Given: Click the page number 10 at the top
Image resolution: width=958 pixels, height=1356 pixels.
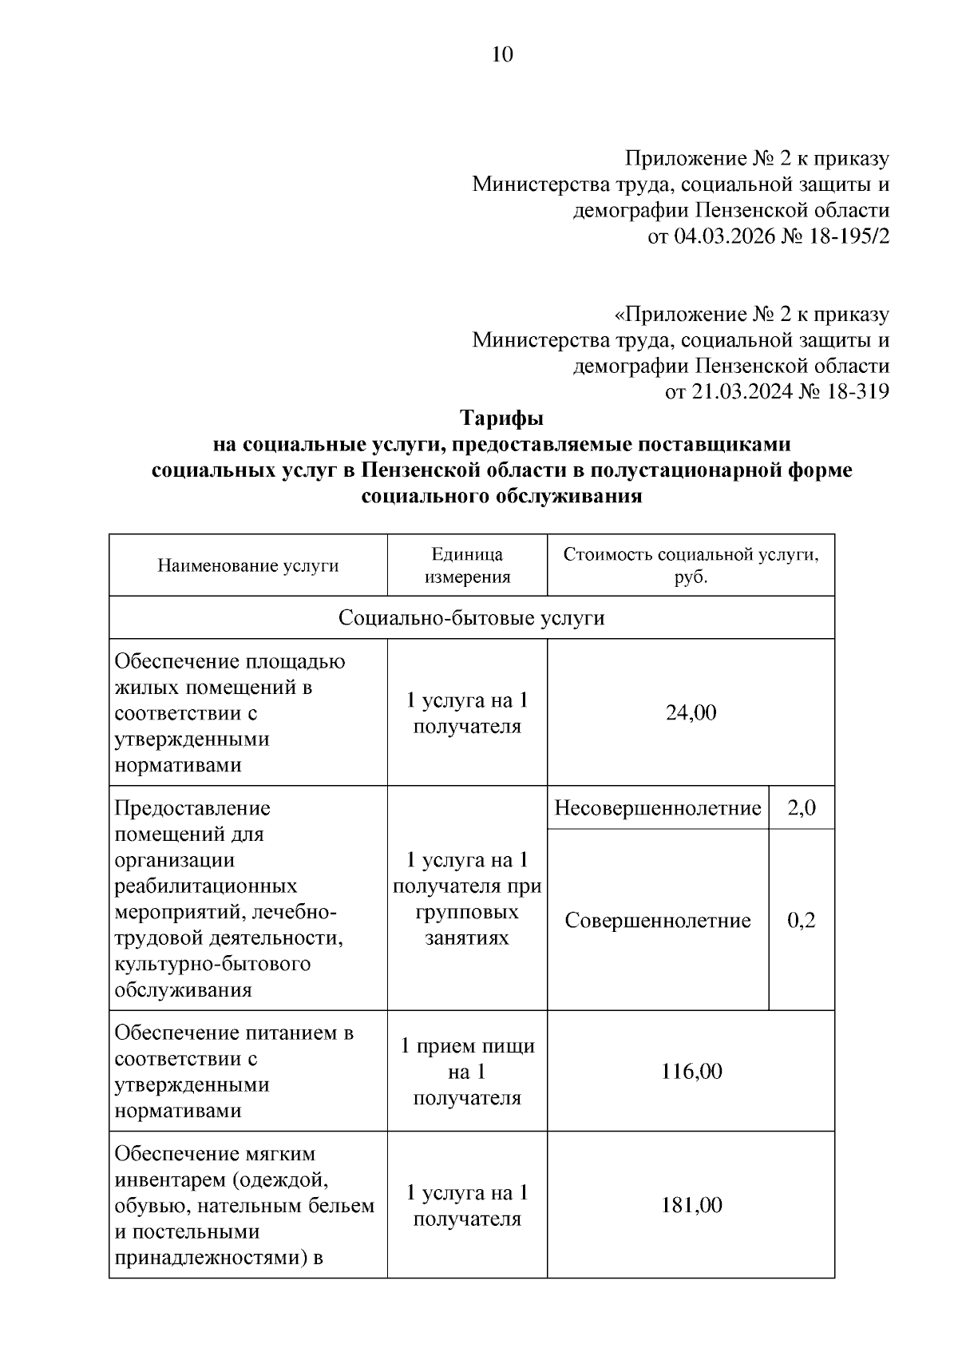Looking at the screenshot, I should (502, 54).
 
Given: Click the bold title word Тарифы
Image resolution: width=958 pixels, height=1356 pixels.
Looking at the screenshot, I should (502, 418).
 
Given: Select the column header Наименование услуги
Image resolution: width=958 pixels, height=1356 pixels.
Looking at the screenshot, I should (247, 566).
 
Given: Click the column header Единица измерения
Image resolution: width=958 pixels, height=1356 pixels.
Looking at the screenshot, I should (467, 565).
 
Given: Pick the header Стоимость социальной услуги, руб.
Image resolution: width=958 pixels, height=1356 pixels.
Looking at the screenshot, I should (691, 565).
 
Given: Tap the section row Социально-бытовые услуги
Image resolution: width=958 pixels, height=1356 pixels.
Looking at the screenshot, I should (472, 618).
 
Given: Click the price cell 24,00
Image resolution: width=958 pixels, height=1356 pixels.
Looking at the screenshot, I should (691, 712).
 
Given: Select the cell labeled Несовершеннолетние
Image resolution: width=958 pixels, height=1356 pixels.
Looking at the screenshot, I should (658, 808).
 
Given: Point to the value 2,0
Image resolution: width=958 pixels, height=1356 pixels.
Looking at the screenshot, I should (802, 808).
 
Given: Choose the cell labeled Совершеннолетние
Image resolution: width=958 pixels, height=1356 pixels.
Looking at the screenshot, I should (658, 921).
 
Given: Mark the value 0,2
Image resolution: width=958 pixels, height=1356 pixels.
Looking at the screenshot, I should (802, 921).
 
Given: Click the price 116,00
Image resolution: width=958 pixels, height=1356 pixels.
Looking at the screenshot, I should (691, 1072).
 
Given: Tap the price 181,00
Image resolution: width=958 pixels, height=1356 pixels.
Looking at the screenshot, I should (691, 1205).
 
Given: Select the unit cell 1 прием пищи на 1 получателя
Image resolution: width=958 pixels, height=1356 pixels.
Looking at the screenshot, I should (467, 1072).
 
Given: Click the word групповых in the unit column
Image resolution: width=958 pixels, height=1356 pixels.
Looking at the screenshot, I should (467, 912).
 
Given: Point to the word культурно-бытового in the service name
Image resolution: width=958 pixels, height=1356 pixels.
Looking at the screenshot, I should (212, 964).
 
